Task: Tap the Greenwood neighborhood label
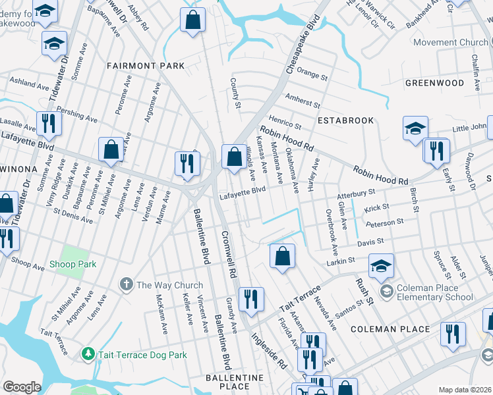coord(434,83)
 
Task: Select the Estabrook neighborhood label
coord(345,120)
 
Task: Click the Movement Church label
coord(451,43)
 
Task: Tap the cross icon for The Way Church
coord(126,285)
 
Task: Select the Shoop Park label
coord(72,264)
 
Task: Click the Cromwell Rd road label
coord(228,253)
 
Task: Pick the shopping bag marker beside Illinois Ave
coord(234,157)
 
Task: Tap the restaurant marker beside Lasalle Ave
coord(49,122)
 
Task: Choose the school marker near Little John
coord(415,128)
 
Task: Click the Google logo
coord(22,386)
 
